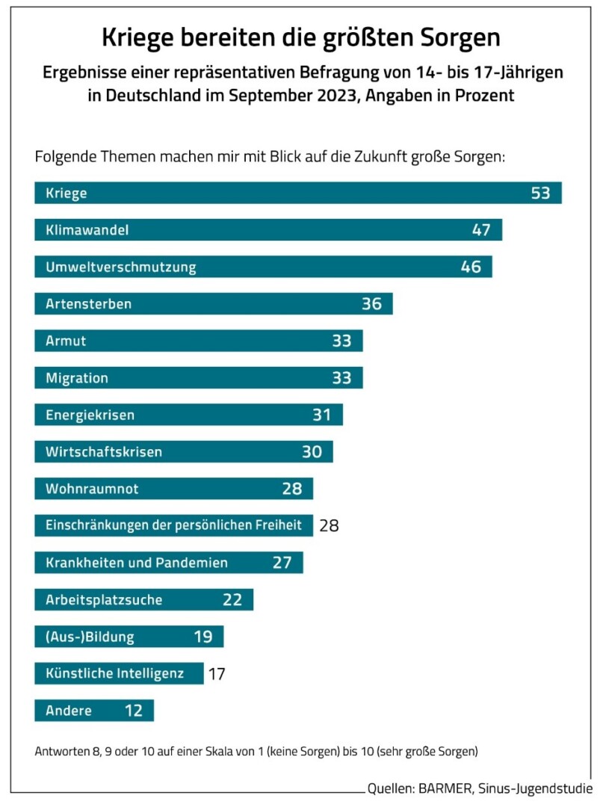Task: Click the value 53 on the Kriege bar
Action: [540, 193]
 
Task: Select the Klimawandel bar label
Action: [87, 230]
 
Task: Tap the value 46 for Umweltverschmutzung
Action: [471, 267]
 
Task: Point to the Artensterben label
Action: [88, 304]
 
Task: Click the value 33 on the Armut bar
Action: [341, 341]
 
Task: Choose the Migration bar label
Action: [76, 378]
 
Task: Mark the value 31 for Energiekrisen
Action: [321, 415]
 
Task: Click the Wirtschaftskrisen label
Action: [103, 452]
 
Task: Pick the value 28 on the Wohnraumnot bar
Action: [291, 489]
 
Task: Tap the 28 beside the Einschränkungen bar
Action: [329, 525]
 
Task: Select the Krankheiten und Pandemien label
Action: [136, 563]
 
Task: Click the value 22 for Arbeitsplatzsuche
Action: [232, 599]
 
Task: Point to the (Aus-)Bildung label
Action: [90, 637]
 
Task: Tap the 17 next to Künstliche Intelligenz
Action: [217, 674]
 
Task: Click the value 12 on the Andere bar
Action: [133, 711]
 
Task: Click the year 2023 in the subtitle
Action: [373, 96]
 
